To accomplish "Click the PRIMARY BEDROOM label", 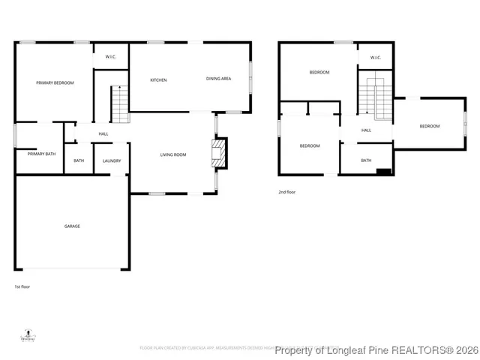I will coord(55,82).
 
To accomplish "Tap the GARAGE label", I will coord(72,226).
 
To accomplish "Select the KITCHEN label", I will coord(158,80).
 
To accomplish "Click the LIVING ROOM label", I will coord(172,155).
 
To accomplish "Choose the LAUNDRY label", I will coord(112,160).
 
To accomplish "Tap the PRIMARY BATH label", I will coord(41,154).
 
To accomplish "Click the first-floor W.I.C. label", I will coord(109,57).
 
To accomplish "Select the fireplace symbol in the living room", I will coord(217,153).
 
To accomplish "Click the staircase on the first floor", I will coord(120,104).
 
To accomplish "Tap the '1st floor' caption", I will coord(22,286).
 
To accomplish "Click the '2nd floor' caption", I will coord(286,192).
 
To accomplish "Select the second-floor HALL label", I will coord(366,130).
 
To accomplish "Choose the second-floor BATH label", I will coord(366,160).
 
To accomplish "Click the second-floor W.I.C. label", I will coord(374,57).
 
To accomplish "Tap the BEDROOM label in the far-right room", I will coord(429,126).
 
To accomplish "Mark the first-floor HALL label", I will coord(103,134).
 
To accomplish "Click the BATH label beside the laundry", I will coord(78,160).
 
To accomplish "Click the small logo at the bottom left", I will coord(28,335).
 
